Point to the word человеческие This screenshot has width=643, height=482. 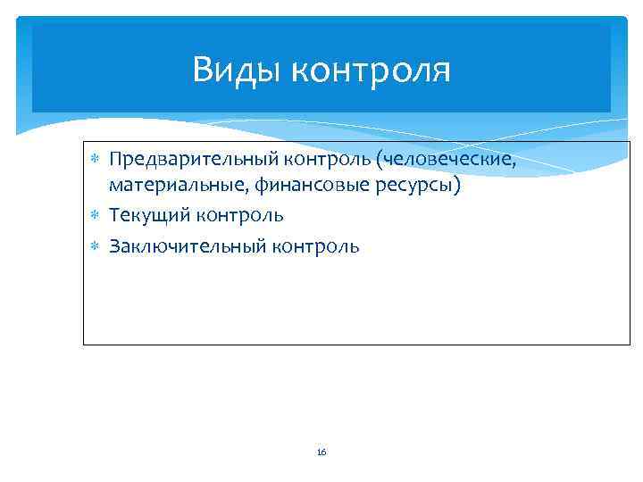449,160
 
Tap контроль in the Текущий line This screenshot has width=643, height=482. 242,216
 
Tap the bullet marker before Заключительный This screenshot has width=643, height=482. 95,246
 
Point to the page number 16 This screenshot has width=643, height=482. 321,453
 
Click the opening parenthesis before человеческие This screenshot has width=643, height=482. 380,161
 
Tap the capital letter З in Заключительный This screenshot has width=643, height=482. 114,246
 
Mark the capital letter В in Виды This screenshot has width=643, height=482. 202,70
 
